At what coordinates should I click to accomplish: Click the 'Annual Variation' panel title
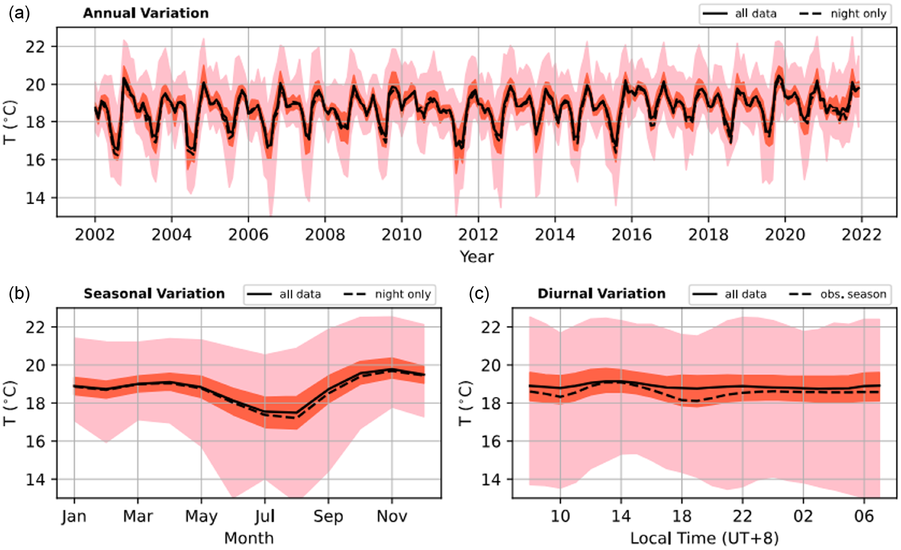point(145,14)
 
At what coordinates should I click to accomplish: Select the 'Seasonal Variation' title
point(154,294)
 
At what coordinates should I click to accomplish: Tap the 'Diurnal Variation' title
point(601,294)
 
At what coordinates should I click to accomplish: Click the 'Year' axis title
point(476,257)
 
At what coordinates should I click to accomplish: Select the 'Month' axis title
point(249,538)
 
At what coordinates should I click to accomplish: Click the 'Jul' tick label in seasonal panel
point(265,516)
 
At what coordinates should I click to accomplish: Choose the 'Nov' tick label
point(392,516)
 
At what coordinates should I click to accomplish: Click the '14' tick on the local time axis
point(621,516)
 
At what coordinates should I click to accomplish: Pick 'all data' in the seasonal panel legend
point(300,294)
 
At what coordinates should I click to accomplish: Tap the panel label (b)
point(19,294)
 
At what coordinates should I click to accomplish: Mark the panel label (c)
point(479,294)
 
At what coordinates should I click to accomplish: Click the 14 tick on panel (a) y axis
point(35,198)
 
